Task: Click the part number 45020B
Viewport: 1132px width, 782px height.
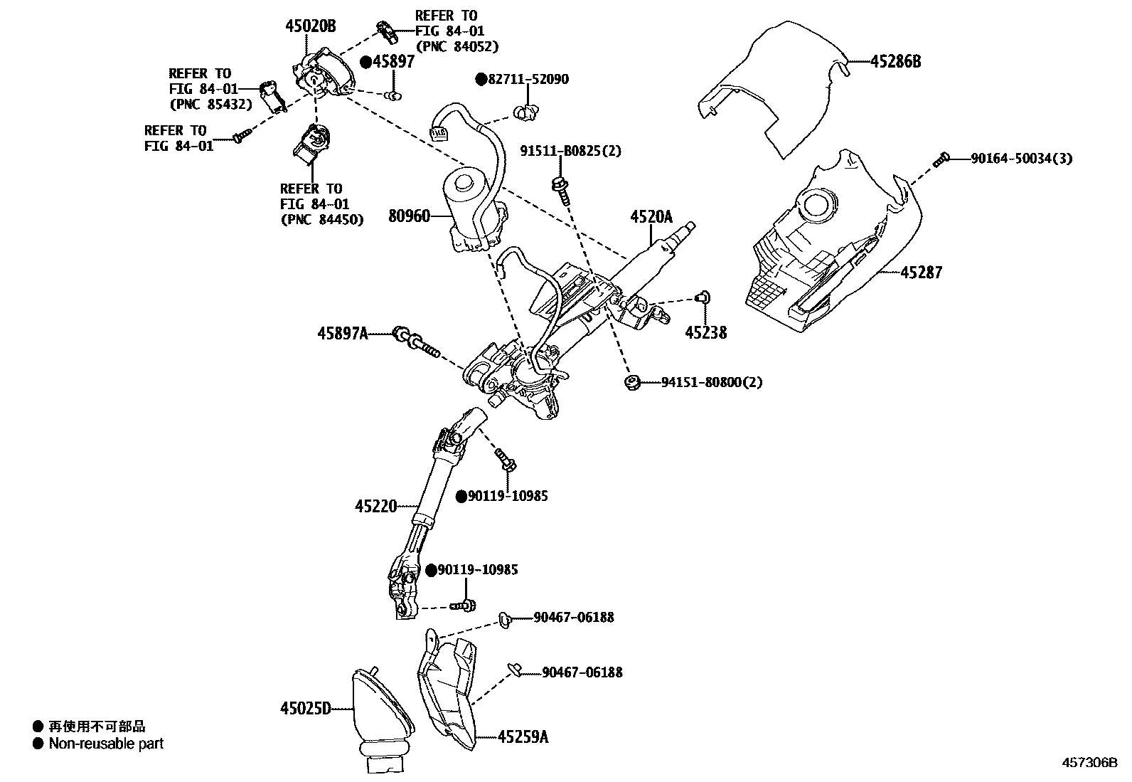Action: [x=310, y=27]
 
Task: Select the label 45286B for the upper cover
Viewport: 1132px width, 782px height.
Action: [x=895, y=61]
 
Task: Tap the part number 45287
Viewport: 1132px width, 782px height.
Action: [x=921, y=273]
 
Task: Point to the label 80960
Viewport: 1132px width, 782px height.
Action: [x=409, y=215]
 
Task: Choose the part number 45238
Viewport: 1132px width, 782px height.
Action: [x=705, y=332]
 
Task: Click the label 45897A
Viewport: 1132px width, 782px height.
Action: [x=343, y=332]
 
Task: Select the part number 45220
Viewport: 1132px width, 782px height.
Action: [x=375, y=506]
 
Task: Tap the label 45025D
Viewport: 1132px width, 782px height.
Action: [x=306, y=708]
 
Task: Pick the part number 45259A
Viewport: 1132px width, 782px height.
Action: [x=523, y=737]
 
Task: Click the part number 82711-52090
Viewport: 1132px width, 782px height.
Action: [x=528, y=80]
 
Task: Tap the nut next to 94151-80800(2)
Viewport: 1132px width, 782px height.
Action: [x=630, y=383]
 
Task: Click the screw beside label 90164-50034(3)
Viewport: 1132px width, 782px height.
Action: [x=942, y=159]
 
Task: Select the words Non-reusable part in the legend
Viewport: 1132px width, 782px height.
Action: [x=106, y=744]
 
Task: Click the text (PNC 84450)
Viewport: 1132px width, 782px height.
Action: [x=321, y=220]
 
